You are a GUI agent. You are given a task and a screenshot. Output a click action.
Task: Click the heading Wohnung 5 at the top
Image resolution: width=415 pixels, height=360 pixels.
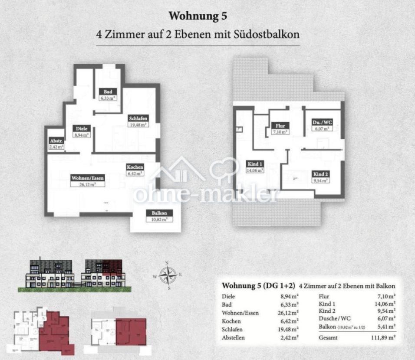pos(198,16)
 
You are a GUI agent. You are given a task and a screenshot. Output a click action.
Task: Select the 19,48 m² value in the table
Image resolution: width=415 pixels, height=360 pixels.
pos(288,330)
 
